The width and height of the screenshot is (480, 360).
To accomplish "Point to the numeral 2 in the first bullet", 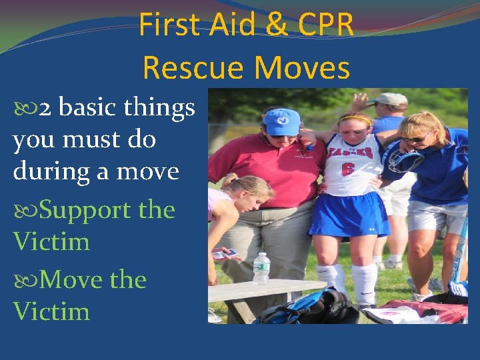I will click(x=46, y=108).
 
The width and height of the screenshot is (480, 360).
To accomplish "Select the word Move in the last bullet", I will click(x=71, y=280).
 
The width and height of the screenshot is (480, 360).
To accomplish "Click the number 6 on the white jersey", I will click(x=348, y=169).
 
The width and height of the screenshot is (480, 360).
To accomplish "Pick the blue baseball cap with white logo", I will click(x=281, y=121).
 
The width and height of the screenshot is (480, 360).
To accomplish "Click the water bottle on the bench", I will click(x=261, y=269).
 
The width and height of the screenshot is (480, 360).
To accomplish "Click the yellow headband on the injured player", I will click(x=354, y=120).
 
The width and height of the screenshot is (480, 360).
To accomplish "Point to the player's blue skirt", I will click(x=347, y=215).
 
